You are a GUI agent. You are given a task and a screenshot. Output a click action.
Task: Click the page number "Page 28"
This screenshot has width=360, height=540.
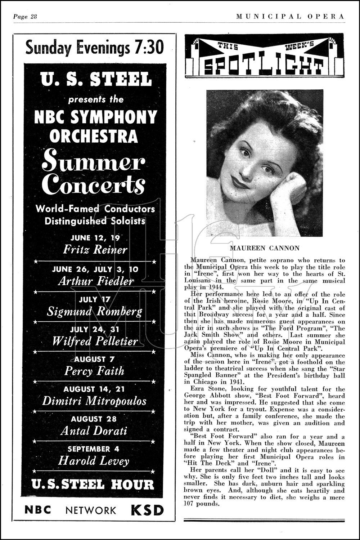click(x=26, y=17)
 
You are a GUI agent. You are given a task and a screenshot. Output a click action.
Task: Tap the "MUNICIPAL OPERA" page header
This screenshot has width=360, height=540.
click(x=290, y=17)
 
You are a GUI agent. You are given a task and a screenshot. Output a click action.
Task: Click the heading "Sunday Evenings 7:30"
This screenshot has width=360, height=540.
click(x=94, y=47)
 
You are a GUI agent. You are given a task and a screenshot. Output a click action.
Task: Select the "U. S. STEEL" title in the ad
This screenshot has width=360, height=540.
click(x=96, y=79)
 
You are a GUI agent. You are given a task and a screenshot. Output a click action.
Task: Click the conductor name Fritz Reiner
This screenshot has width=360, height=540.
click(x=95, y=249)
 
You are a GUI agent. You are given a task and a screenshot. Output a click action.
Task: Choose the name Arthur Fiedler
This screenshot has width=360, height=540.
click(x=95, y=281)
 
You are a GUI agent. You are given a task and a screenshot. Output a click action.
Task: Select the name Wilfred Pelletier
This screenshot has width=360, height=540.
click(x=95, y=341)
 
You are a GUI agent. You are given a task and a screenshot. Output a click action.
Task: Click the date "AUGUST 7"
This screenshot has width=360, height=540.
click(x=94, y=359)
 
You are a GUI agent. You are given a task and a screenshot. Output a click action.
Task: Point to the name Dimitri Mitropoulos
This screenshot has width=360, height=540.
click(x=94, y=401)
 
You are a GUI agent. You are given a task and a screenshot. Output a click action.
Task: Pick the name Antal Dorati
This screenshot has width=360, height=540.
click(x=94, y=430)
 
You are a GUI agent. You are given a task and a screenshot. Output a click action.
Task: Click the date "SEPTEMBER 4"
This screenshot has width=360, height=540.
click(x=94, y=449)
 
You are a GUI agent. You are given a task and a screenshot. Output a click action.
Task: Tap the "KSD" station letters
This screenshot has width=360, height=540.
click(x=147, y=510)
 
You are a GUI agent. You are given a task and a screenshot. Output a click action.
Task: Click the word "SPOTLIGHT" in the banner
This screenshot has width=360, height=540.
click(x=264, y=65)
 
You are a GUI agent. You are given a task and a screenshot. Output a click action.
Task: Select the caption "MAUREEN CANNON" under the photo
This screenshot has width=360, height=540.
click(x=264, y=248)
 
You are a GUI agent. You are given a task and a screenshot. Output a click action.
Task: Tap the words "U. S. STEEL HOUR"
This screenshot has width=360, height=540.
click(x=93, y=485)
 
